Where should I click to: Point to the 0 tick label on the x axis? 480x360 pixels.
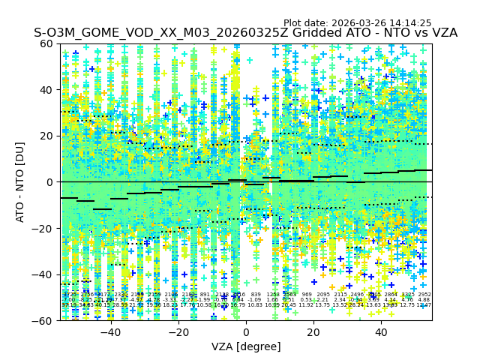click(x=246, y=333)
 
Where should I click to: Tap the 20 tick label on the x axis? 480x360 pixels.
click(x=313, y=333)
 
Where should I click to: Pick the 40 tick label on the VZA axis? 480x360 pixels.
click(x=381, y=333)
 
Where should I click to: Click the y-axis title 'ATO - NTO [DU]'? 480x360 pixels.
click(x=21, y=182)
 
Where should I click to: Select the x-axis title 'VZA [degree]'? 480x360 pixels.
click(x=246, y=347)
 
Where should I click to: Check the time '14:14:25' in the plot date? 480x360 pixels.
click(x=410, y=23)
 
